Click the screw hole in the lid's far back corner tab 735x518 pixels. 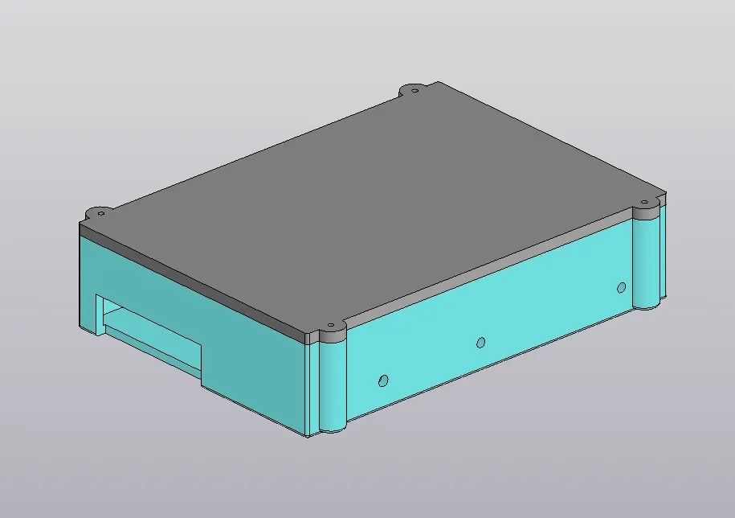(x=414, y=88)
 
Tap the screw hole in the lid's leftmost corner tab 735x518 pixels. (x=101, y=212)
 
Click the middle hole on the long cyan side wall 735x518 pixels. (x=480, y=343)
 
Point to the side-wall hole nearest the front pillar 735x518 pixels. (x=383, y=379)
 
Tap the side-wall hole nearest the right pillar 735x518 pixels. (x=621, y=288)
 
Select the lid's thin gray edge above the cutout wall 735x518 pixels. (x=193, y=282)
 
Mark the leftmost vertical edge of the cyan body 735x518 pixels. (x=80, y=282)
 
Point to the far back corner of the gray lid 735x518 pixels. (x=438, y=81)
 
